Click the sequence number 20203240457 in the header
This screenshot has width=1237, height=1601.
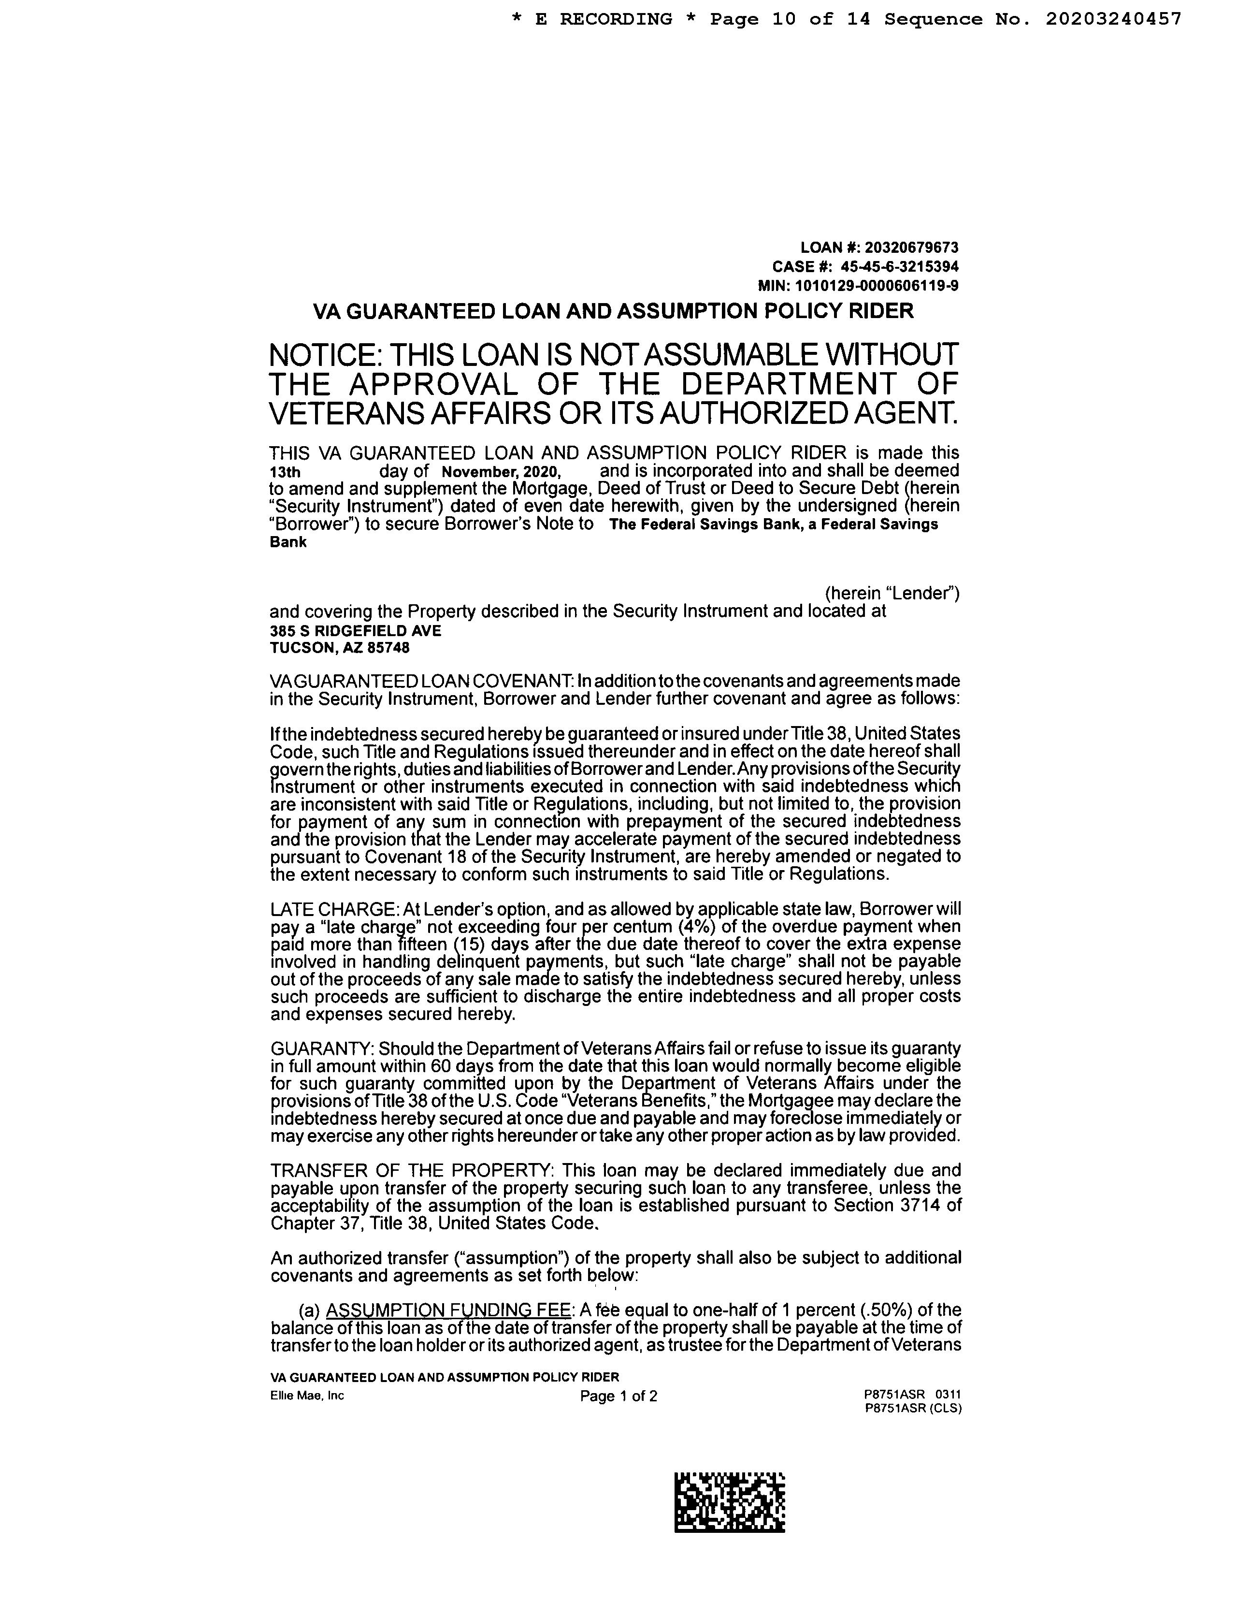(1113, 19)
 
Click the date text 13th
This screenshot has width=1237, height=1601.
(285, 473)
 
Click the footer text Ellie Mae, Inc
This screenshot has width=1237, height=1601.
(307, 1396)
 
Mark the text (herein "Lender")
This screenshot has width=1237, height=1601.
(892, 593)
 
